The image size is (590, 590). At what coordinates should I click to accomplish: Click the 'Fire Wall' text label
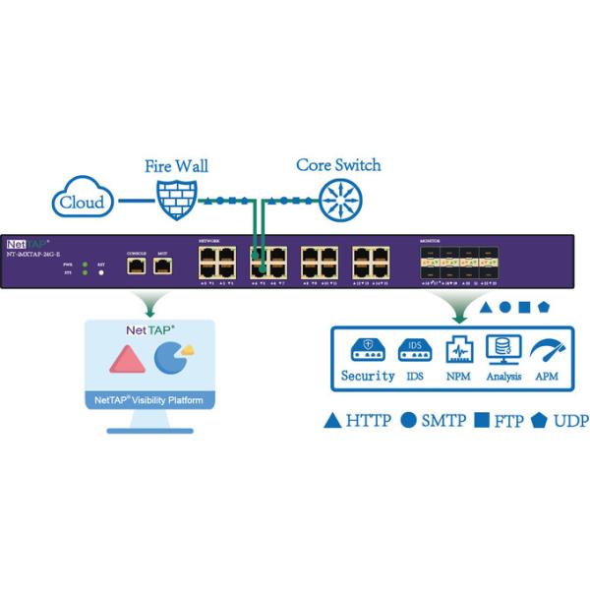176,166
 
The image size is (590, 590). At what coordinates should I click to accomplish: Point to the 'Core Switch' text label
338,165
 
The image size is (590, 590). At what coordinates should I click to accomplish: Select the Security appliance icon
366,352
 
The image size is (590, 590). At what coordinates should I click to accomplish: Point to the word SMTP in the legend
443,421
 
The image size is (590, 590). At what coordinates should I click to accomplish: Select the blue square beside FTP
483,421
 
